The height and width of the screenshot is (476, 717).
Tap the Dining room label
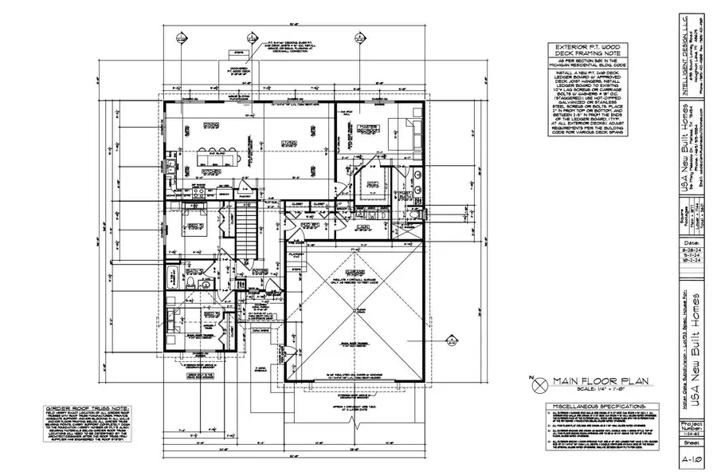tap(210, 124)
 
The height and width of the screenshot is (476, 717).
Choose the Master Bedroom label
tap(367, 128)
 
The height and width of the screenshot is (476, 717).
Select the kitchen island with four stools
tap(210, 154)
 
